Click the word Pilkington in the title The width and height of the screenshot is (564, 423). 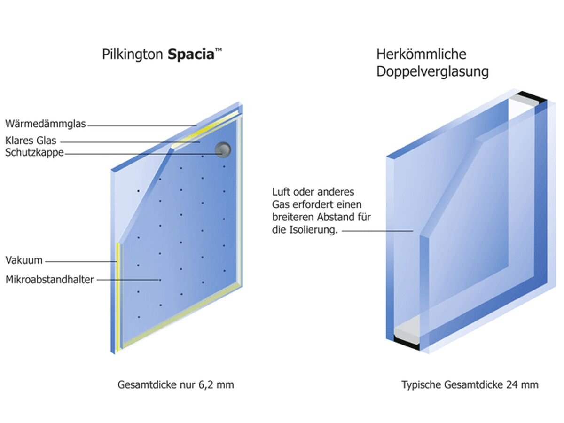pos(133,54)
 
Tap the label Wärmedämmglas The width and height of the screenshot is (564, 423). pos(46,124)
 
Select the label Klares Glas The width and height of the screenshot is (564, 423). pos(31,140)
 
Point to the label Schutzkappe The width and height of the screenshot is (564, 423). pos(34,152)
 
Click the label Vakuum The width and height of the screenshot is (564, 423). pos(24,260)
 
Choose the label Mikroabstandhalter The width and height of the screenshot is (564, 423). pos(50,280)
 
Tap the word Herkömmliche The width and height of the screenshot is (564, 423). pos(421,54)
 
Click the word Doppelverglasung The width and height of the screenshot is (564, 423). pos(432,72)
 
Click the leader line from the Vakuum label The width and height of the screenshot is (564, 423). pos(80,261)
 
